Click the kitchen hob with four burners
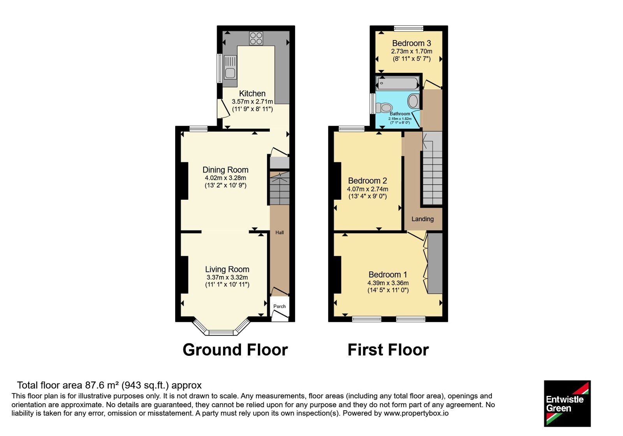(x=256, y=39)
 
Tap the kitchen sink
(x=230, y=67)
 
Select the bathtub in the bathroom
(x=398, y=83)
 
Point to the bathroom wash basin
(x=413, y=101)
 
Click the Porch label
(x=280, y=306)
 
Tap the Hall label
(x=280, y=232)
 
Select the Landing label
(x=422, y=219)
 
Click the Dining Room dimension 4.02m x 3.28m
(x=225, y=178)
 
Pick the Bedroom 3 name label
(x=412, y=43)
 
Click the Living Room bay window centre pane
(x=222, y=332)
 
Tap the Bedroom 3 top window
(x=409, y=28)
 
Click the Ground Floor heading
(x=235, y=350)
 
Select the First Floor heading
(x=388, y=350)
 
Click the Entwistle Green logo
(x=567, y=403)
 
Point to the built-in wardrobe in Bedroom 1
(x=435, y=263)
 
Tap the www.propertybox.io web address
(x=416, y=413)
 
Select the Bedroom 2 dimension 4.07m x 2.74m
(x=368, y=189)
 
